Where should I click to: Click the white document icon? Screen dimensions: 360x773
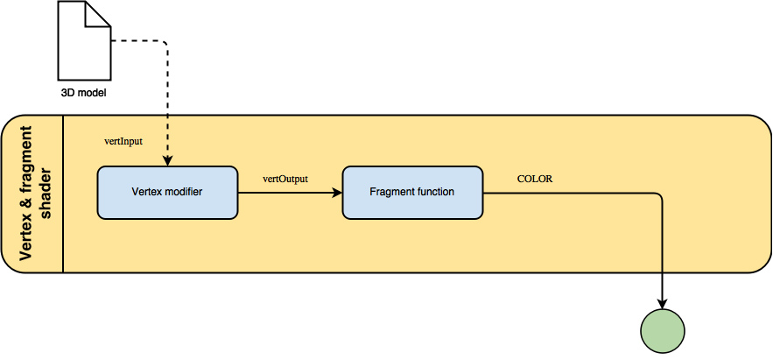pos(84,42)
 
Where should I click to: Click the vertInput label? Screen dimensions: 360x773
pos(123,141)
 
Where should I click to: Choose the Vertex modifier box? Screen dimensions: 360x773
pos(166,192)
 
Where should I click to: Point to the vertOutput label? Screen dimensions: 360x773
pos(285,179)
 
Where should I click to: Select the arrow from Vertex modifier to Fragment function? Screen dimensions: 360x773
pos(289,193)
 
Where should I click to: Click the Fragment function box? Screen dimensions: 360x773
pos(411,192)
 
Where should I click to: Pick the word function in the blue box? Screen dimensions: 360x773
pos(434,191)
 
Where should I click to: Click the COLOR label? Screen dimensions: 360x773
pos(534,179)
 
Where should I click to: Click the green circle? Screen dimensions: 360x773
pos(663,331)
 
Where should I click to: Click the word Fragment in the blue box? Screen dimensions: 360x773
pos(390,191)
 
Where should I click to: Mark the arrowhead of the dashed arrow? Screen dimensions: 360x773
pos(167,160)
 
